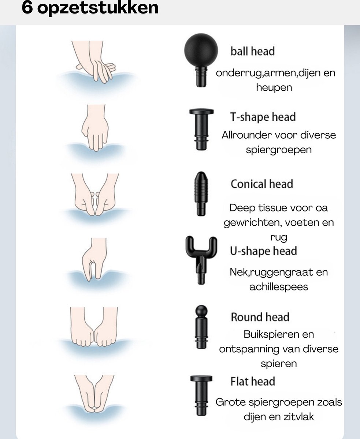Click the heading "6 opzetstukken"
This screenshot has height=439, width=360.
coord(90,8)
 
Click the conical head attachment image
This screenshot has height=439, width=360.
coord(201,193)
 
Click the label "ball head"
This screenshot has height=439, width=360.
coord(252,51)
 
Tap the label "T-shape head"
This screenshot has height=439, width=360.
coord(263,117)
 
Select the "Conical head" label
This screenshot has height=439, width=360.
coord(261,184)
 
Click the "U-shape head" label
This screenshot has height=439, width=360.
coord(263,251)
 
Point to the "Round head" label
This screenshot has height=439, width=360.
coord(260,317)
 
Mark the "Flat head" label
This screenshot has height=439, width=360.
coord(252,382)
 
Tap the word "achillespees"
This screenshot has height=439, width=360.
coord(278,287)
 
